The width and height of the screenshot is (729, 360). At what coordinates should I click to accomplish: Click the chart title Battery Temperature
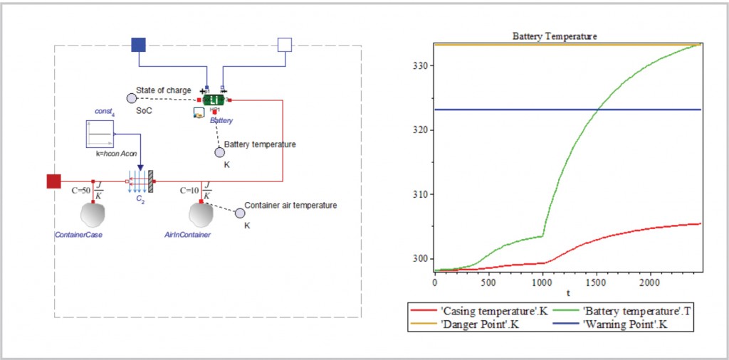point(555,36)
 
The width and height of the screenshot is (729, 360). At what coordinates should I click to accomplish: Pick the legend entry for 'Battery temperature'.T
point(622,310)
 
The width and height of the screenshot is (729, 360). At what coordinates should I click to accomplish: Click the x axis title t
point(567,292)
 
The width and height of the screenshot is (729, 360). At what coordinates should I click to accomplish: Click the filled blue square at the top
point(139,46)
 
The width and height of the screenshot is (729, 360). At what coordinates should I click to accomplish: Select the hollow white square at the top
point(284,46)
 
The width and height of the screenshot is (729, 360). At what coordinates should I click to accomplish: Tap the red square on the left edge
point(54,181)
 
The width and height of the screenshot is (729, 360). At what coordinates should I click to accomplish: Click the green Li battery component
point(214,100)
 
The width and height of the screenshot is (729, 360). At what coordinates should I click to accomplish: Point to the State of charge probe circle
point(131,97)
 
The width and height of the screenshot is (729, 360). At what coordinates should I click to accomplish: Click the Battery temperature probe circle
point(220,152)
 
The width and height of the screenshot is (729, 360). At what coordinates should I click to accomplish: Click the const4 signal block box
point(100,134)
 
